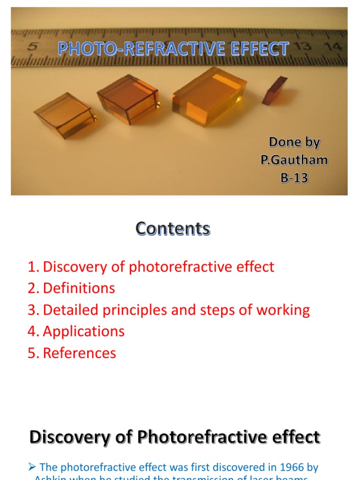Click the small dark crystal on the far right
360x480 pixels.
point(275,90)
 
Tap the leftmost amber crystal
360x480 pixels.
point(64,115)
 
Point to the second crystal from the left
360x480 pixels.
point(127,99)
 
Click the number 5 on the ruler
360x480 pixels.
point(33,46)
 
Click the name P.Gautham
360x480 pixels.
point(294,160)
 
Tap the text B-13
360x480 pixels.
point(294,178)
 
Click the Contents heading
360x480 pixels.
point(173,229)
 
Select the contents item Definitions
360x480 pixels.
point(79,288)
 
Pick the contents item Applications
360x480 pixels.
point(83,331)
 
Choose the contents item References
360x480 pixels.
point(79,353)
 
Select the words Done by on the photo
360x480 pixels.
point(294,142)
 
